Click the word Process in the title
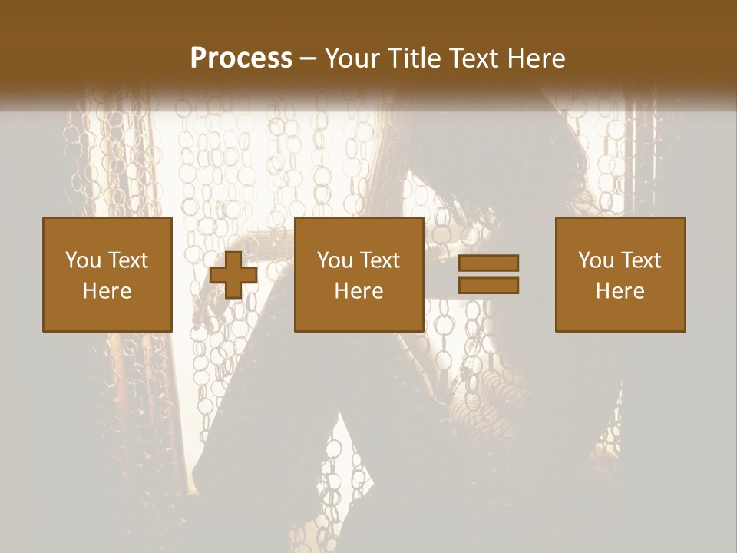tap(241, 58)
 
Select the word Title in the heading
tap(416, 58)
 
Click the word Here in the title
tap(537, 58)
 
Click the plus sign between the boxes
tap(233, 275)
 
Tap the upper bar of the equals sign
tap(488, 263)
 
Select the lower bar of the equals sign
tap(488, 286)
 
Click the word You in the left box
tap(82, 260)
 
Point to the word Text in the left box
tap(127, 260)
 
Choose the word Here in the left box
tap(107, 291)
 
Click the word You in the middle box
tap(334, 260)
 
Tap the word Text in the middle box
tap(378, 260)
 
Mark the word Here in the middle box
tap(359, 291)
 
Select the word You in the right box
tap(595, 260)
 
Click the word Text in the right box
tap(640, 260)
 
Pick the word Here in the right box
tap(620, 291)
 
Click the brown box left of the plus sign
tap(107, 315)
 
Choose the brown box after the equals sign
tap(620, 315)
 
